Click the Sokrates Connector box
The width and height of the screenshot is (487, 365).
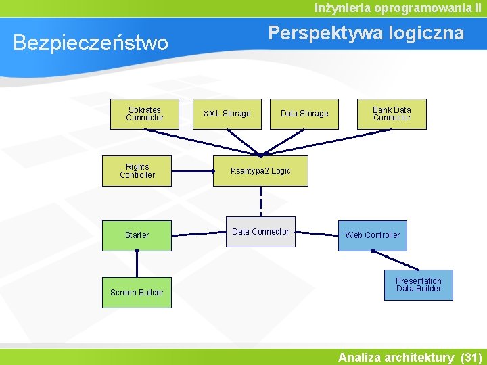coord(144,114)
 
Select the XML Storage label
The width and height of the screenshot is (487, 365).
coord(227,114)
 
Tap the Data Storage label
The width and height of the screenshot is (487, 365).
coord(304,114)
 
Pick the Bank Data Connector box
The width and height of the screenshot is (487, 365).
coord(392,114)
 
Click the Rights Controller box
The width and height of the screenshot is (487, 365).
coord(137,171)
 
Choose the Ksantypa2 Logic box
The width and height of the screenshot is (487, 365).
coord(260,171)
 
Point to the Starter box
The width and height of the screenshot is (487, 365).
coord(137,235)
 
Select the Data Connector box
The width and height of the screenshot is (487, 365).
coord(260,232)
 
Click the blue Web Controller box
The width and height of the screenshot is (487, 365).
coord(373,235)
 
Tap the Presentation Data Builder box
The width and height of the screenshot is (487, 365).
coord(419,285)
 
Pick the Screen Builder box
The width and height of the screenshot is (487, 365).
coord(137,293)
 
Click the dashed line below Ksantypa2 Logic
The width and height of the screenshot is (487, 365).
coord(260,201)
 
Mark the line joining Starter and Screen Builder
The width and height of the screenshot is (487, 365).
coord(137,264)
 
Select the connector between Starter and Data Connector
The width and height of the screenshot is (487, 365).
coord(198,235)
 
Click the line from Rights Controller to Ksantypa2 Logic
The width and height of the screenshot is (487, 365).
coord(193,171)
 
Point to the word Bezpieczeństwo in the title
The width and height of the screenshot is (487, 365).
coord(91,43)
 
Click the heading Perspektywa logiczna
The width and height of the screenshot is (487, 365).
coord(366,33)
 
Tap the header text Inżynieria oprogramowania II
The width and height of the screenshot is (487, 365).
coord(398,8)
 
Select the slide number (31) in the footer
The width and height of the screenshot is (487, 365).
coord(470,357)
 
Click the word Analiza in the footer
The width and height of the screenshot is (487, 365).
coord(363,357)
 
